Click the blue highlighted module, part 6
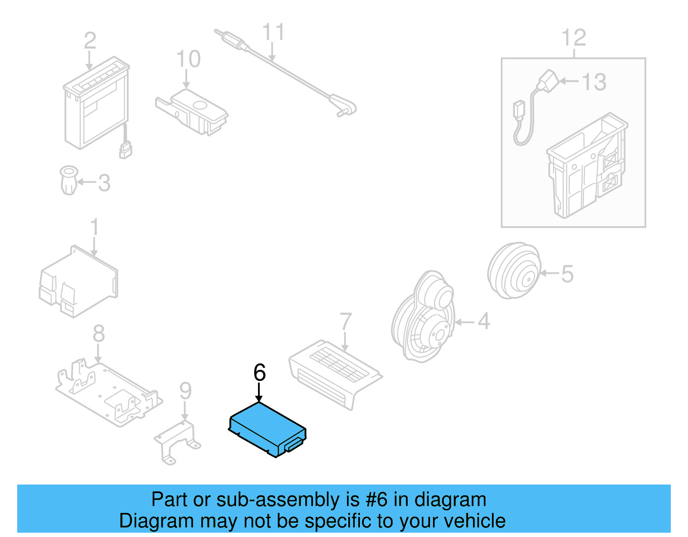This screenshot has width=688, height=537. pos(267,428)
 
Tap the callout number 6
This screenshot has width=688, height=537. pos(260,372)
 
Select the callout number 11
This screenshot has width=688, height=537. pos(273,32)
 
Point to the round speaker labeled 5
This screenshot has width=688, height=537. pos(514,271)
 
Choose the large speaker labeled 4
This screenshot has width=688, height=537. pos(424,318)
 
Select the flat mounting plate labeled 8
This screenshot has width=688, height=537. pos(110,393)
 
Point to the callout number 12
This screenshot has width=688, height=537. pos(574,38)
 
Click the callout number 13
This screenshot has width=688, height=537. pos(594,82)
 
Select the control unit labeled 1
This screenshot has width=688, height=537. pos(77,282)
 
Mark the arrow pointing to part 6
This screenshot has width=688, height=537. pos(259,393)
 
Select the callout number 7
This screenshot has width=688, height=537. pos(346,322)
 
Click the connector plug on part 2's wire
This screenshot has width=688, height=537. pos(126,150)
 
